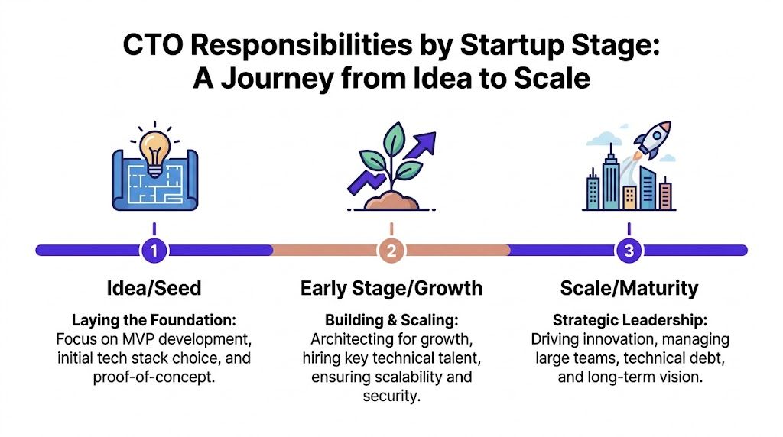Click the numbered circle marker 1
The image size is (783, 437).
(x=154, y=250)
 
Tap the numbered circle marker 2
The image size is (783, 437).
(x=391, y=250)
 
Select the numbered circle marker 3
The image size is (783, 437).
(x=628, y=250)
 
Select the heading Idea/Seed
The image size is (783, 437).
(x=154, y=288)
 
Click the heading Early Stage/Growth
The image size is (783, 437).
(x=391, y=288)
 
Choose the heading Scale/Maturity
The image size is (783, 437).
(x=629, y=288)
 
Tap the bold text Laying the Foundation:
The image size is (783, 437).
(x=154, y=320)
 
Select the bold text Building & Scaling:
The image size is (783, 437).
(x=391, y=320)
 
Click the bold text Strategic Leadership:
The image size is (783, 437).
(x=629, y=320)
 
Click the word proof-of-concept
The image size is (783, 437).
(x=154, y=377)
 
